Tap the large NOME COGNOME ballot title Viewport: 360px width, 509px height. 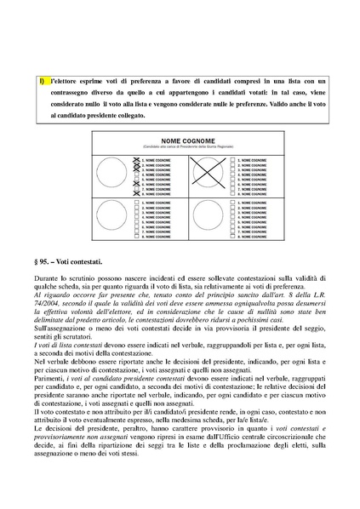coord(179,140)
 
